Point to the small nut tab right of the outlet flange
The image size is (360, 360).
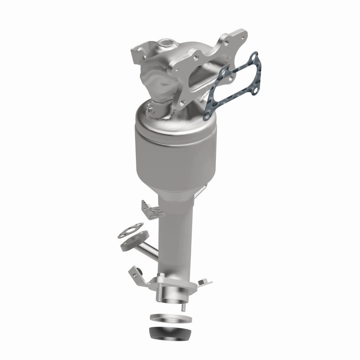(x=202, y=281)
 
